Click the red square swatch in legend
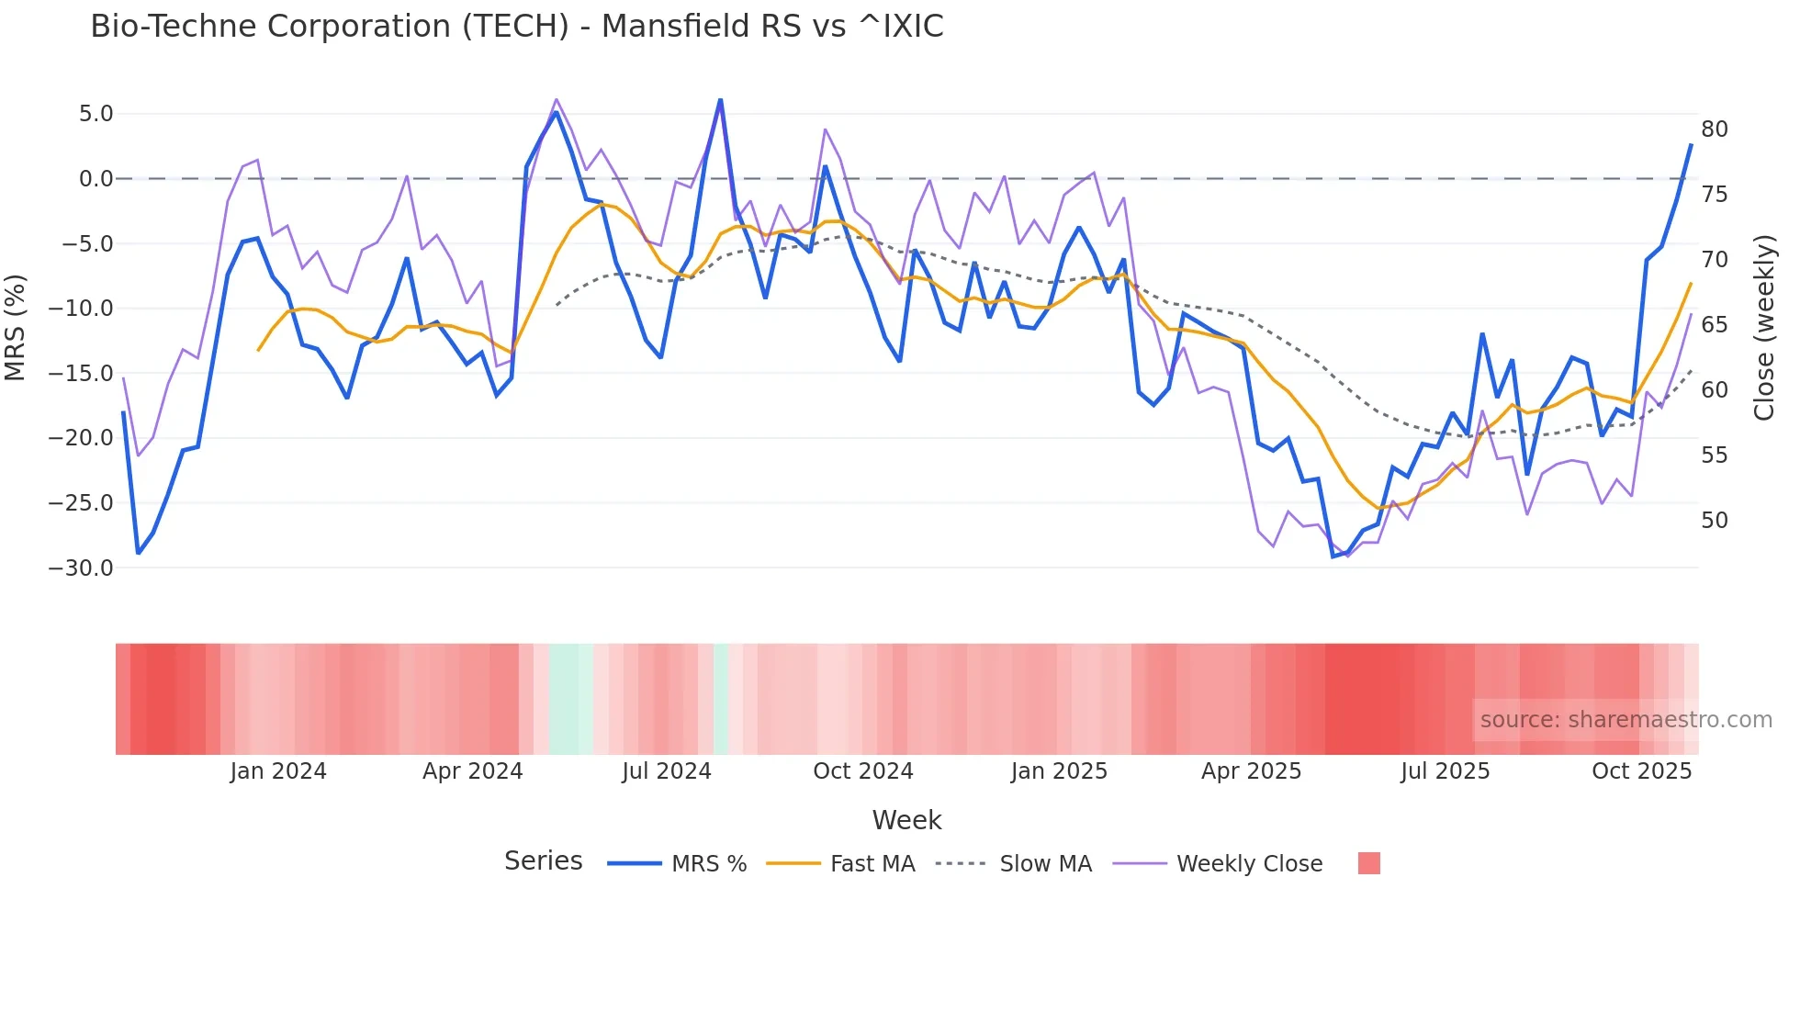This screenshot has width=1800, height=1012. point(1368,863)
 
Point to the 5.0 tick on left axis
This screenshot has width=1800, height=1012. point(96,114)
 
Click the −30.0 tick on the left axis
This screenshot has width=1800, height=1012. point(81,568)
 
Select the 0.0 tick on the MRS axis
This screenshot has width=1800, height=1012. point(96,179)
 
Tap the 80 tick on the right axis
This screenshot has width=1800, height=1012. point(1714,129)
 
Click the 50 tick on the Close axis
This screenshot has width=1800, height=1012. point(1714,521)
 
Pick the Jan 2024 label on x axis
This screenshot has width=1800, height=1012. point(278,771)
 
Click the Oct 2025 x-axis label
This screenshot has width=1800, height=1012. point(1641,771)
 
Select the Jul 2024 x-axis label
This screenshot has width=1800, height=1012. point(667,771)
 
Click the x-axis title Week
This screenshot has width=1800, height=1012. point(906,820)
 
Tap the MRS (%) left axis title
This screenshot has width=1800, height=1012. point(16,327)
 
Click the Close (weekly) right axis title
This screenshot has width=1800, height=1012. point(1763,327)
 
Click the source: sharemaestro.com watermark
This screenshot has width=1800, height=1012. point(1626,720)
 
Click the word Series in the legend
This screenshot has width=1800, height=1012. point(543,861)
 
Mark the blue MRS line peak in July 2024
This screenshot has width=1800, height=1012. point(720,100)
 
